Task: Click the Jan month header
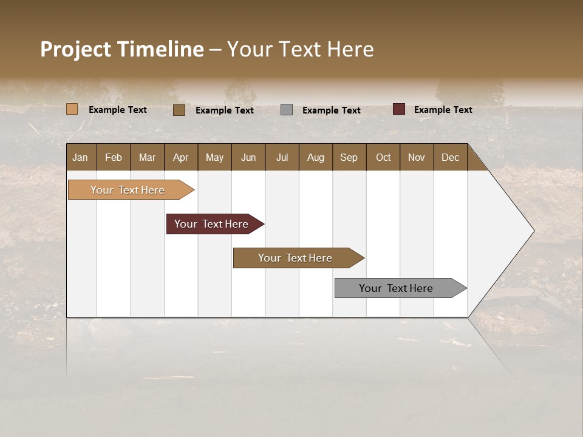click(80, 157)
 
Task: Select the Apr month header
click(180, 157)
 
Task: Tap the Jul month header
click(282, 157)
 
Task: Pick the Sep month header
click(349, 157)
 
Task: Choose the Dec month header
click(450, 157)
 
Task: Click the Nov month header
click(416, 157)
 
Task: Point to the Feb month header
click(114, 157)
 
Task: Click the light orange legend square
click(72, 109)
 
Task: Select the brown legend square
click(179, 110)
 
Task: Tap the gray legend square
click(287, 110)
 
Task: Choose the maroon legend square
click(398, 109)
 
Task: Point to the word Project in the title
click(75, 49)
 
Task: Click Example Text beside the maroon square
click(443, 110)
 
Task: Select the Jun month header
click(248, 157)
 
